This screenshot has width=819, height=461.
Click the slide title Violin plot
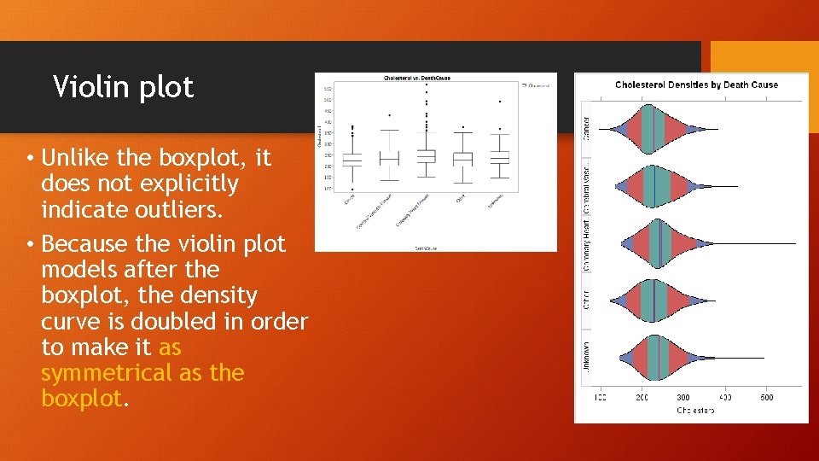click(124, 87)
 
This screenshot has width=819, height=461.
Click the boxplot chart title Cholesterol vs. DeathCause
click(415, 78)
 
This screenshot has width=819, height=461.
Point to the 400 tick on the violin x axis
click(725, 398)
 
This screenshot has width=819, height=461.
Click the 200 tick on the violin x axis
click(642, 398)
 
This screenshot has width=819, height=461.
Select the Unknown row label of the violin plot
click(587, 357)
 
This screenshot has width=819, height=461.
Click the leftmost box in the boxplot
click(352, 160)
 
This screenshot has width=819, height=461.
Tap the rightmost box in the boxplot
click(500, 157)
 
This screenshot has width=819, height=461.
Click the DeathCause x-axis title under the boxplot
click(426, 248)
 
